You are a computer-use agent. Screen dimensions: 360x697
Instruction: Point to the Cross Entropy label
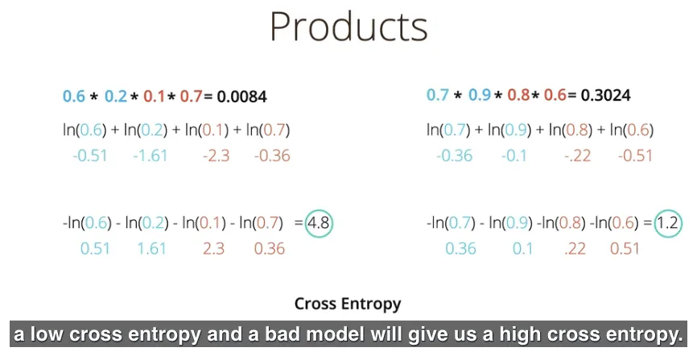click(x=348, y=304)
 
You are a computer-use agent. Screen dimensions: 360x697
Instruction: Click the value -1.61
click(x=150, y=155)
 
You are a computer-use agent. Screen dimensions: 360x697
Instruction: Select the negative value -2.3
click(x=217, y=155)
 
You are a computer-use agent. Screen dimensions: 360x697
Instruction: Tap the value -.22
click(x=575, y=155)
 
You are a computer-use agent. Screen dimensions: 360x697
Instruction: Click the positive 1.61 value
click(x=151, y=248)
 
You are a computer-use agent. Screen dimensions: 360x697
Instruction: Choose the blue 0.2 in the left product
click(x=116, y=96)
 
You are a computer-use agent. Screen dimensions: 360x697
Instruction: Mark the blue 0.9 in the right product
click(x=480, y=95)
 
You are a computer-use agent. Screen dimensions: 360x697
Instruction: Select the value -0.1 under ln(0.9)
click(x=513, y=155)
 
